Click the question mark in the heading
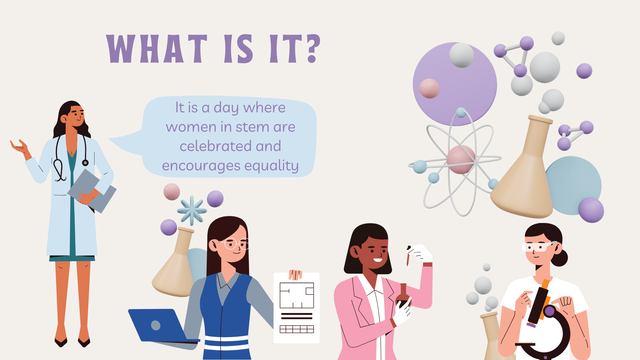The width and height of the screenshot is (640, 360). coord(314,49)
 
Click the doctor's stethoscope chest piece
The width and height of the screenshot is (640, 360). coord(85,163)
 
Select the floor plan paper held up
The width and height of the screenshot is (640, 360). coord(297,308)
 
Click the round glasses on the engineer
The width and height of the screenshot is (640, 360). coord(236,244)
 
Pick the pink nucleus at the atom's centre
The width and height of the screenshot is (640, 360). coord(461,159)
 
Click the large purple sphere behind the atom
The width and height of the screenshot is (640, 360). coord(455,84)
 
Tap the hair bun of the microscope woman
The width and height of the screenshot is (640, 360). coord(560,258)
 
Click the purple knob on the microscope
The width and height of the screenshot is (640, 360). coord(549,312)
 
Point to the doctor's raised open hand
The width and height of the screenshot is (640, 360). coord(19,147)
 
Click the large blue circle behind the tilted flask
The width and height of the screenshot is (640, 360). coord(573,185)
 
